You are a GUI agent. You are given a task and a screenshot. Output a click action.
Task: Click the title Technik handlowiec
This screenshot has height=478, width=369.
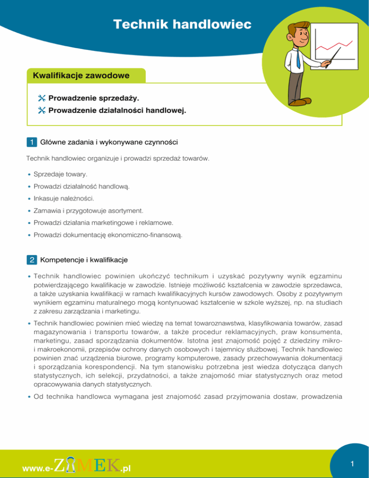(182, 24)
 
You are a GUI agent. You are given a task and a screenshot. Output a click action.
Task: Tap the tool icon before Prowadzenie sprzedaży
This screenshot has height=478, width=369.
(41, 98)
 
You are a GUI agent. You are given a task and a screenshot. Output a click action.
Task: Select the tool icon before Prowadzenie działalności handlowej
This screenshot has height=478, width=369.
(41, 110)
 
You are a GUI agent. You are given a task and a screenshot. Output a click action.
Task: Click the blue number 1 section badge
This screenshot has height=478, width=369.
(31, 142)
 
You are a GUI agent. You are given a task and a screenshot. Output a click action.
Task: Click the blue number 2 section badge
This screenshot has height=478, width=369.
(31, 260)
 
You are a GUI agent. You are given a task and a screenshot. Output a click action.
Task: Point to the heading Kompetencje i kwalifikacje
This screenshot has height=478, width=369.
(84, 260)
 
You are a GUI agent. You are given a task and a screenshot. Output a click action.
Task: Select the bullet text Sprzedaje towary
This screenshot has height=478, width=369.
(60, 173)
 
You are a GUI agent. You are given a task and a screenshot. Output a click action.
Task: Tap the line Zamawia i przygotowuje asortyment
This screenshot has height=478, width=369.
(87, 210)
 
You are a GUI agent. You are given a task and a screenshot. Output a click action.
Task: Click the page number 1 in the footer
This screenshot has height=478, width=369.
(352, 464)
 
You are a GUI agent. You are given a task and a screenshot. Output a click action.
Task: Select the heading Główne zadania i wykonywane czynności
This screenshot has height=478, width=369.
(109, 142)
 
